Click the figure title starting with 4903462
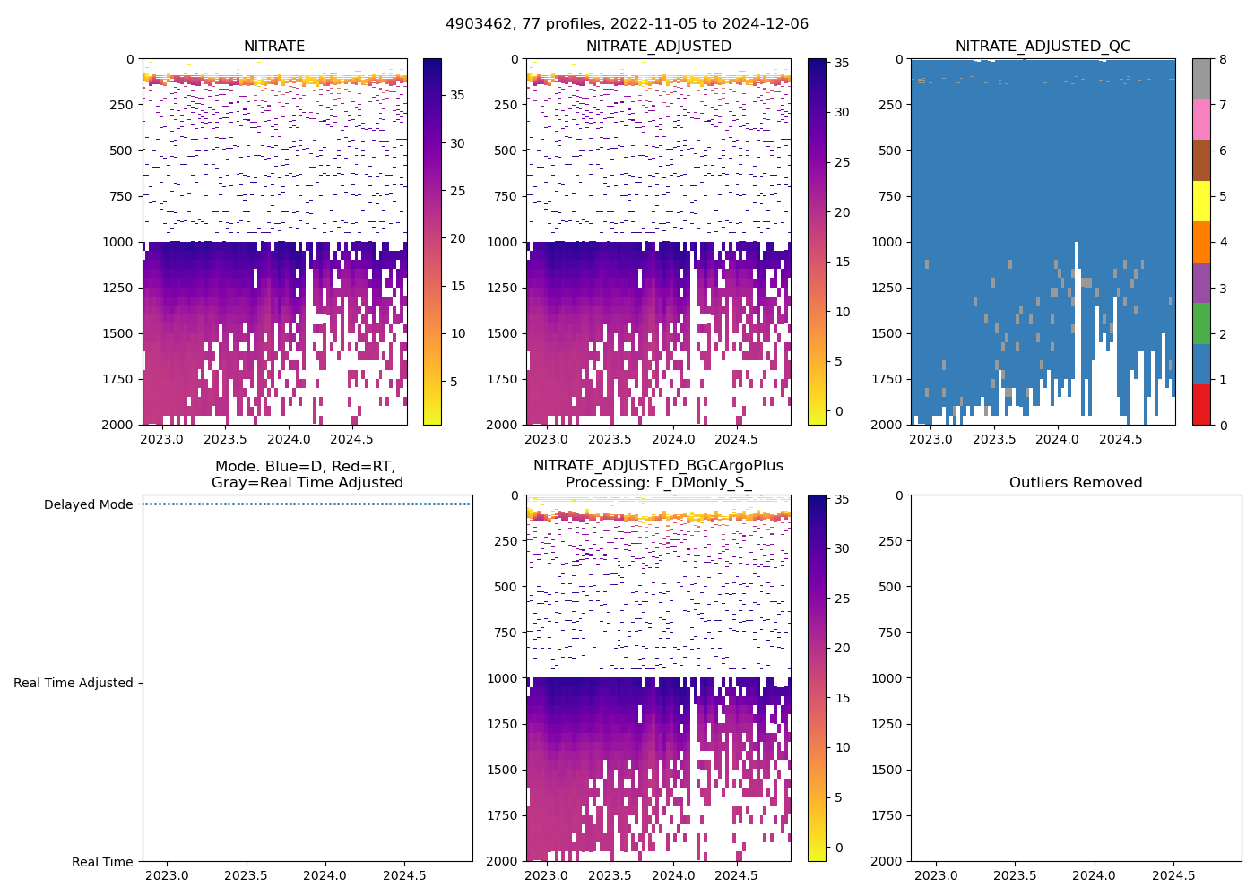click(x=627, y=24)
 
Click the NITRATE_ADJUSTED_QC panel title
click(x=1043, y=47)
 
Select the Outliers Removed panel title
click(x=1076, y=483)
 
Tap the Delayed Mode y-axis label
click(x=88, y=504)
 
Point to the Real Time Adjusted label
click(x=74, y=683)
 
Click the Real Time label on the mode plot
click(x=102, y=862)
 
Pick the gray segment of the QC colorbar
click(x=1201, y=79)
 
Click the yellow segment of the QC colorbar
click(x=1201, y=201)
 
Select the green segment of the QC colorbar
click(x=1201, y=323)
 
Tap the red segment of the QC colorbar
click(x=1201, y=404)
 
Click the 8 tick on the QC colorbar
click(x=1223, y=60)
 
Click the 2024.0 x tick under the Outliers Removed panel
click(x=1095, y=875)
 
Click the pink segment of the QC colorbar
click(x=1201, y=119)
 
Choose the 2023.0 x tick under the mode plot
click(x=167, y=875)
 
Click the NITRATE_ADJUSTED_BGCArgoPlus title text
click(x=658, y=466)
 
